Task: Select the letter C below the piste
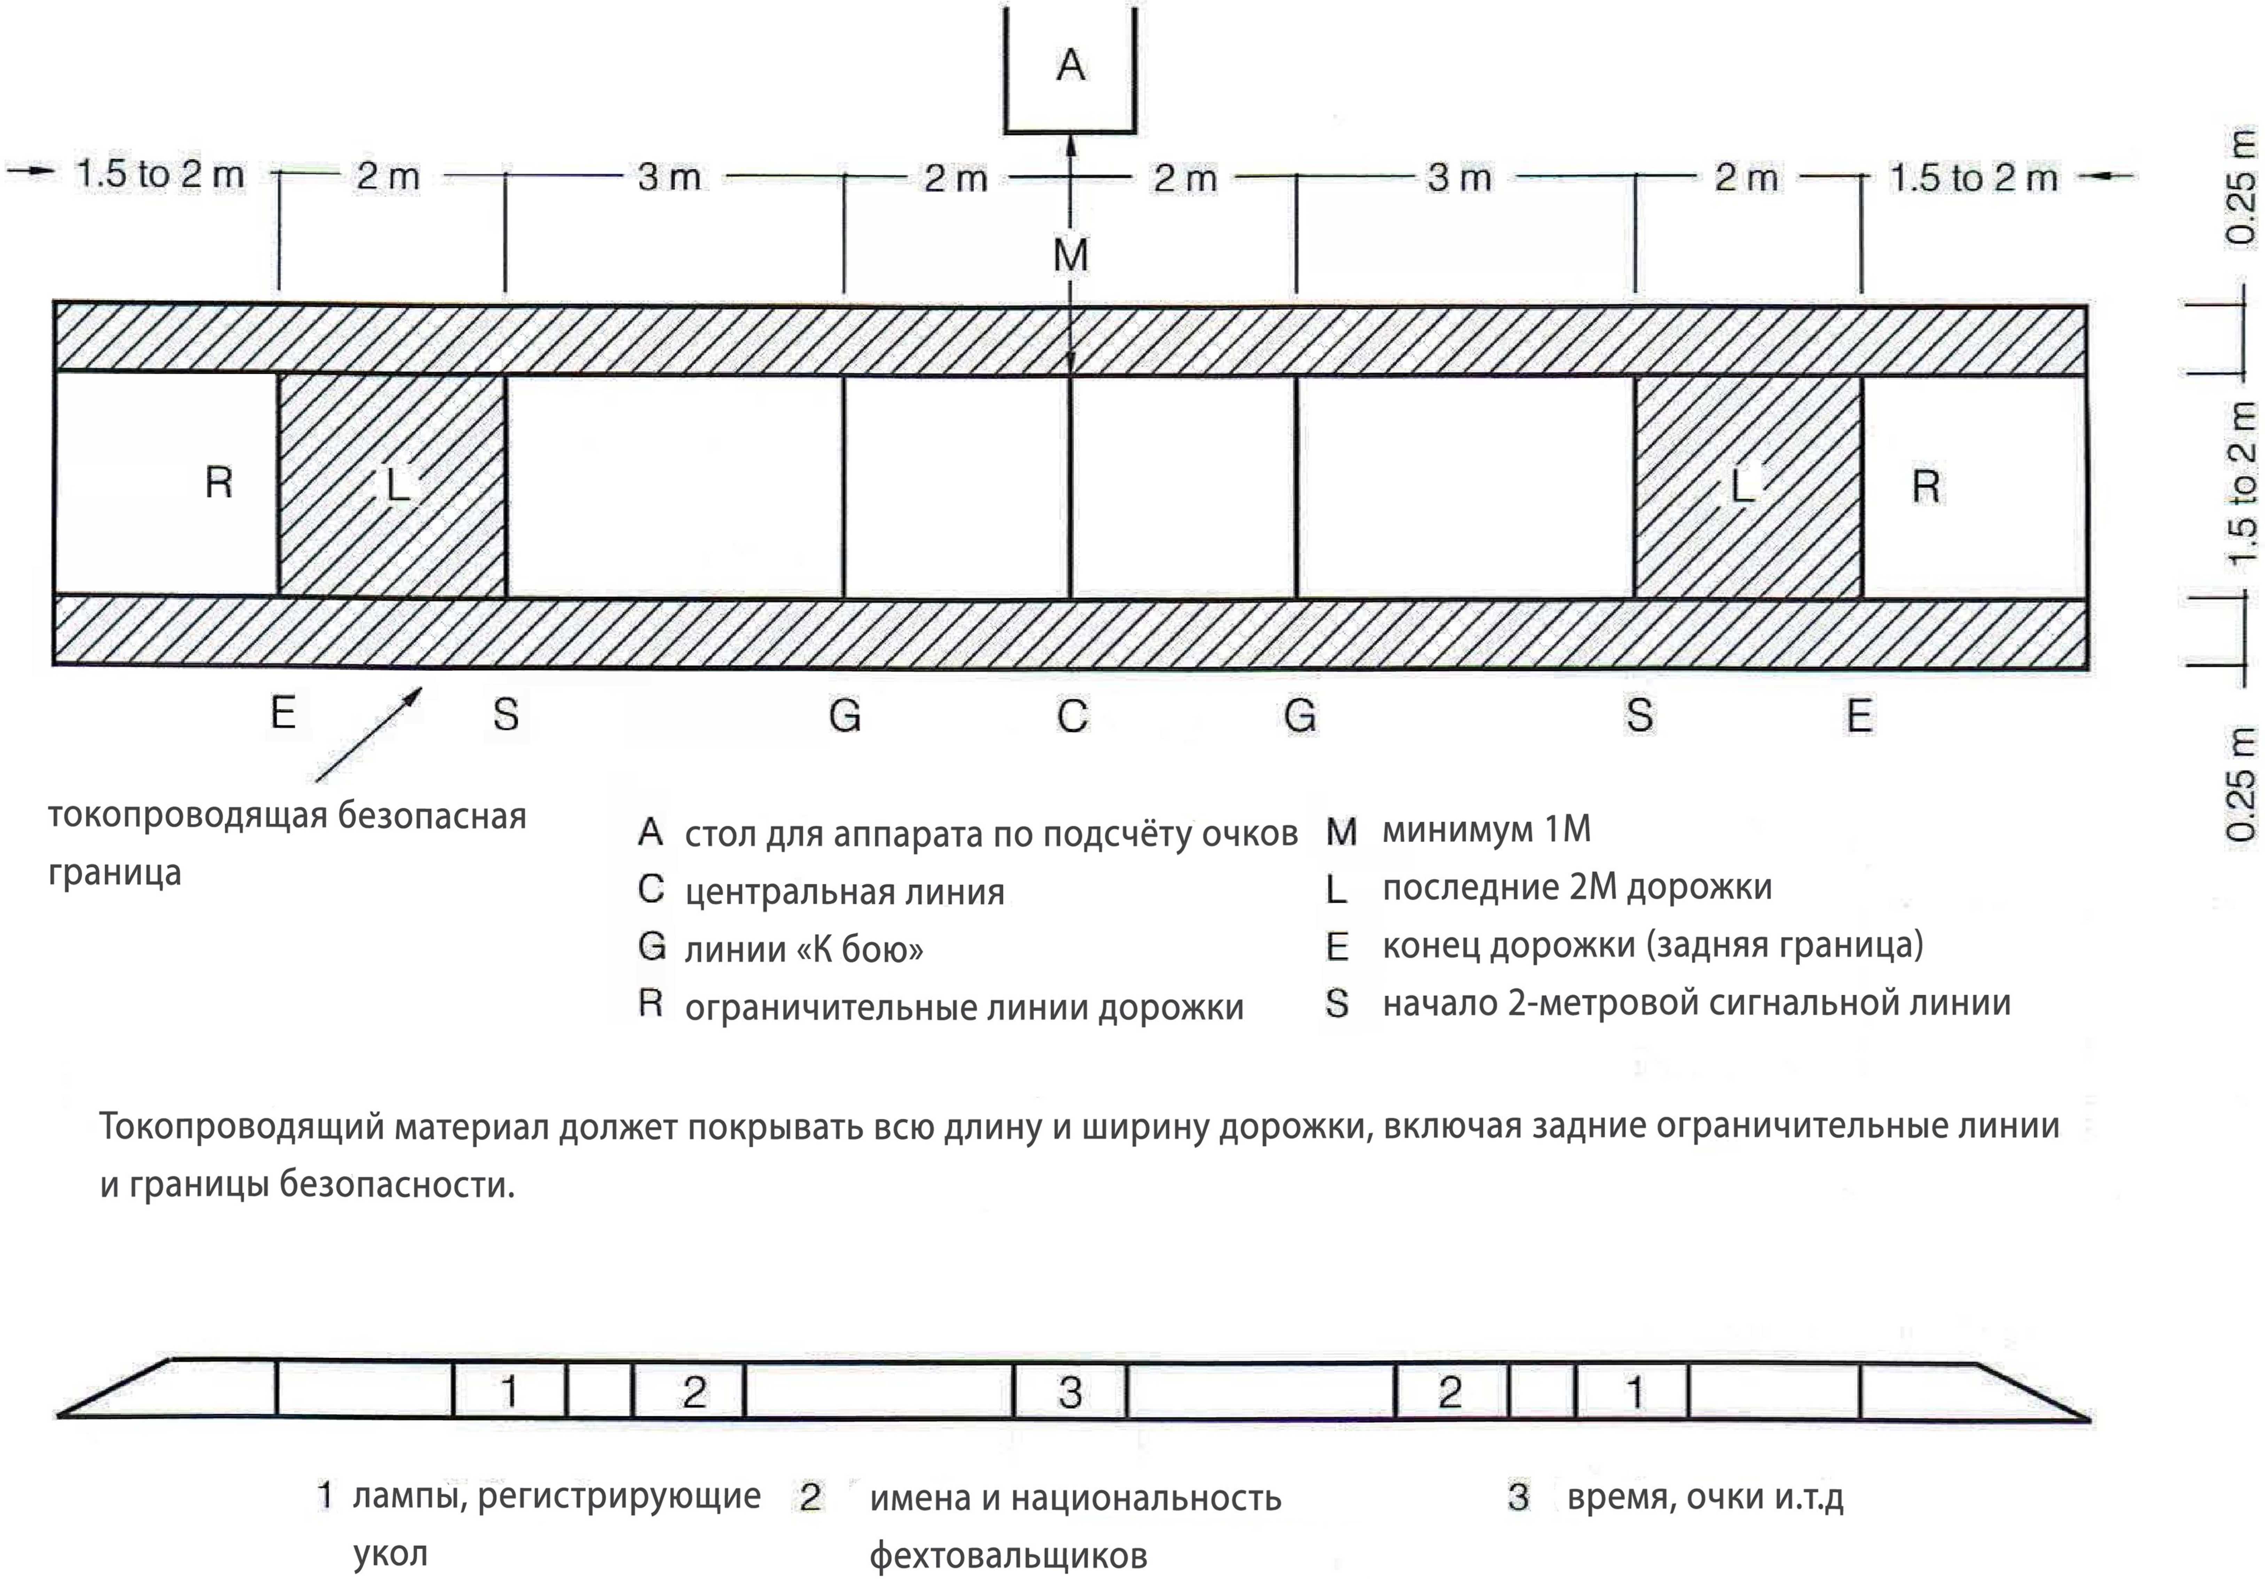[1072, 715]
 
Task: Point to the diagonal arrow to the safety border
[368, 735]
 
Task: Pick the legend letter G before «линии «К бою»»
[651, 946]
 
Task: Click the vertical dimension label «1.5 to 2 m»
[2242, 483]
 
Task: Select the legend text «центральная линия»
[845, 891]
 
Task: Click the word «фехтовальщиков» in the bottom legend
[1008, 1555]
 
